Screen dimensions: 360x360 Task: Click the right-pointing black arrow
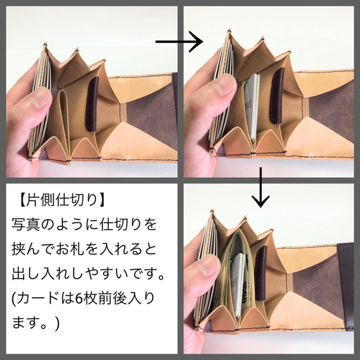coord(179,42)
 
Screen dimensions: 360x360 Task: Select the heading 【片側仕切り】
coord(59,201)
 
